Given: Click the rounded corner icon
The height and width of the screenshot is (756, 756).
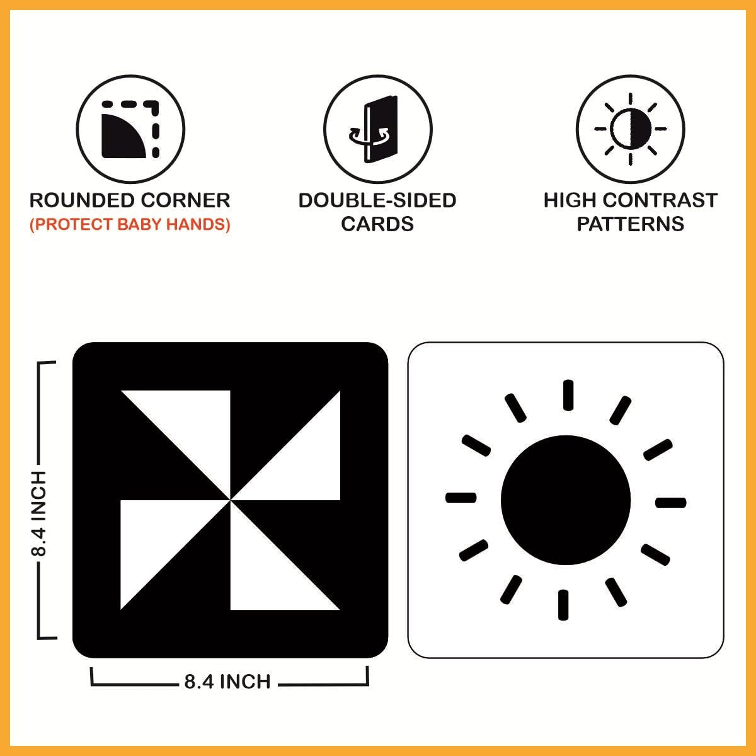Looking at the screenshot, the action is pyautogui.click(x=130, y=129).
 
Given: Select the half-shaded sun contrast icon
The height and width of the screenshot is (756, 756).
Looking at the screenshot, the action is pyautogui.click(x=631, y=129).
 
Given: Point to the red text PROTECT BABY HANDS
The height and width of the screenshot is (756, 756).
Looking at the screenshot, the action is pyautogui.click(x=130, y=224).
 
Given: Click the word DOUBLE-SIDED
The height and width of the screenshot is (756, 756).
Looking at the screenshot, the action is pyautogui.click(x=377, y=200).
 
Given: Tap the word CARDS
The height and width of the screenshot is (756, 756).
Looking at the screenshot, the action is pyautogui.click(x=377, y=224).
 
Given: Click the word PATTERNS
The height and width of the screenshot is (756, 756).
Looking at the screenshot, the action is pyautogui.click(x=631, y=224).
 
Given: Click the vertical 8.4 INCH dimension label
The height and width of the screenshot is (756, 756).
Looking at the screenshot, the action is pyautogui.click(x=39, y=513).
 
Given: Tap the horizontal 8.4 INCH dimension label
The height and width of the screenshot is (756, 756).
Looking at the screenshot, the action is pyautogui.click(x=227, y=682).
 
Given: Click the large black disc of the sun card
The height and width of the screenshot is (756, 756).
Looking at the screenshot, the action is pyautogui.click(x=566, y=500).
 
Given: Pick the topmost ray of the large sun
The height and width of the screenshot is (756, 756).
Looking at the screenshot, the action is pyautogui.click(x=568, y=395).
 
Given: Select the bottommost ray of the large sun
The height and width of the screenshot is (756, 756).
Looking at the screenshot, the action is pyautogui.click(x=563, y=605).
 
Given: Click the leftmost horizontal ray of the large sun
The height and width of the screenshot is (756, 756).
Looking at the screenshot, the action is pyautogui.click(x=461, y=498).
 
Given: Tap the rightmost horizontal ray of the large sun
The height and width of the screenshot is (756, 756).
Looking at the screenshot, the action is pyautogui.click(x=671, y=503).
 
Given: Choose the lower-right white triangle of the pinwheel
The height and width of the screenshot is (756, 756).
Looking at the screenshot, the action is pyautogui.click(x=266, y=573).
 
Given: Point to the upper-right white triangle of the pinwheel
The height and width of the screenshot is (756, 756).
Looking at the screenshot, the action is pyautogui.click(x=304, y=463).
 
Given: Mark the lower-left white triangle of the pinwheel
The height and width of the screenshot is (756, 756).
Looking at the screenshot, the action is pyautogui.click(x=157, y=537).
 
